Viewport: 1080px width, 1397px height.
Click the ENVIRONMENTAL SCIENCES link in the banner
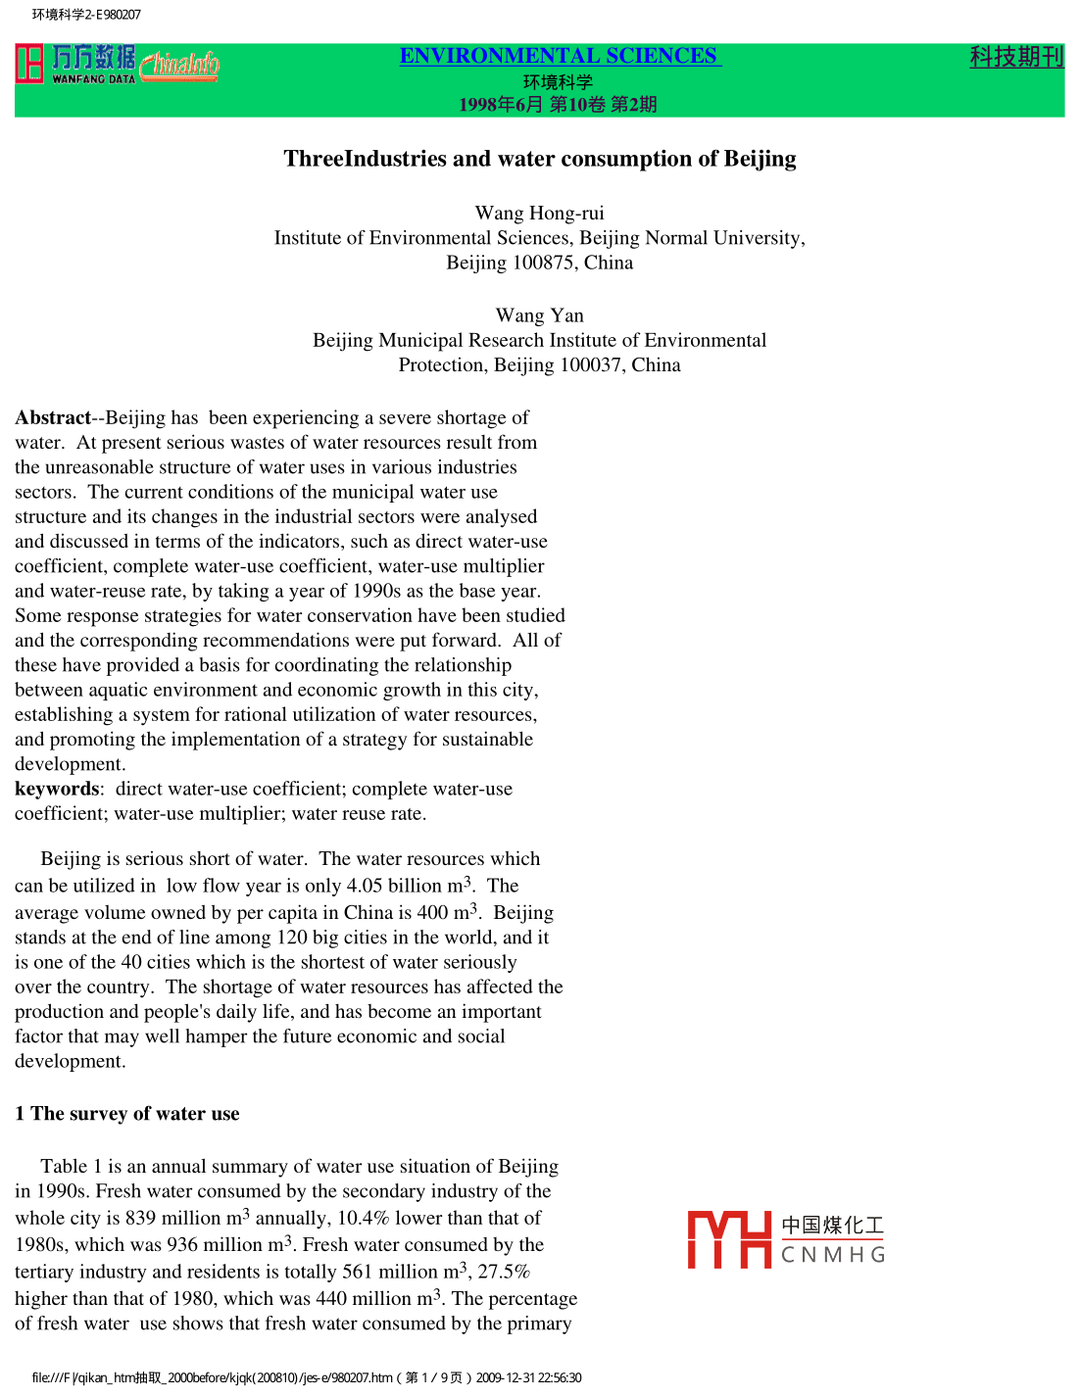(559, 56)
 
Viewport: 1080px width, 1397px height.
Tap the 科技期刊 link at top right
(1016, 57)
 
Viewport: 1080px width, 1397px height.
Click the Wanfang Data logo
(76, 64)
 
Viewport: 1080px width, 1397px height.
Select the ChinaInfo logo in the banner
(179, 65)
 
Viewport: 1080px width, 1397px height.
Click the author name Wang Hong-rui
(539, 213)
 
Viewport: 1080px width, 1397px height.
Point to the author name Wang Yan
(539, 315)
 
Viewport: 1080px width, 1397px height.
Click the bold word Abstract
(53, 417)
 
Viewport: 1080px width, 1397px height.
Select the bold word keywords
(57, 789)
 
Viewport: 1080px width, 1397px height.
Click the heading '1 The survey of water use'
(127, 1113)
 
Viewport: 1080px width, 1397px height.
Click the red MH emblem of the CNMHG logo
(729, 1239)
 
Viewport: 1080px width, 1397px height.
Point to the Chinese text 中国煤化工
(832, 1225)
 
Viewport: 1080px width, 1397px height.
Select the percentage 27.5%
(504, 1272)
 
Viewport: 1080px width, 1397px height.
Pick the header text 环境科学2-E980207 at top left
(86, 15)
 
